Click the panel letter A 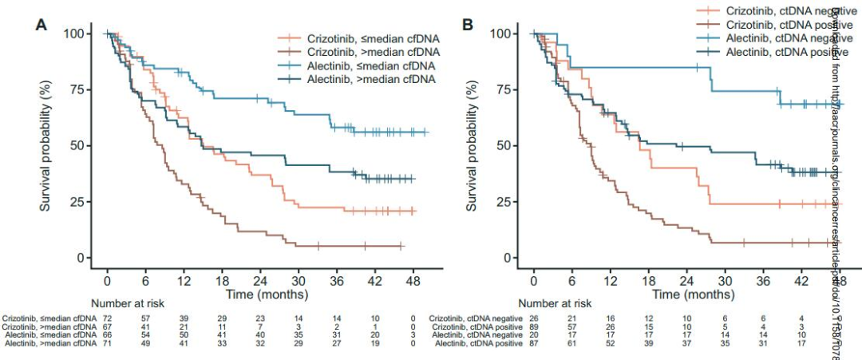coord(41,24)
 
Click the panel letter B coord(469,24)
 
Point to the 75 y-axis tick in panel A coord(81,90)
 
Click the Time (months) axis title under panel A coord(260,295)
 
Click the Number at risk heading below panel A coord(129,303)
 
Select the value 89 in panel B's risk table coord(532,327)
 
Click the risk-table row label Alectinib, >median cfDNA coord(47,343)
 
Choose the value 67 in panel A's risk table coord(106,327)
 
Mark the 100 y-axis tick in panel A coord(78,34)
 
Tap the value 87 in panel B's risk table coord(532,343)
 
